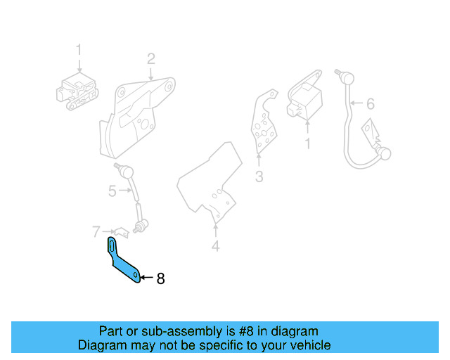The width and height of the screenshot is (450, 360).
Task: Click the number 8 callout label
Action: click(160, 278)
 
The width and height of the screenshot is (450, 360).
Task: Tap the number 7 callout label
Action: click(96, 231)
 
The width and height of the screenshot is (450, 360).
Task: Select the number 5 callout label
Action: click(112, 191)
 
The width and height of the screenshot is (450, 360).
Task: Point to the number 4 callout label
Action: click(216, 246)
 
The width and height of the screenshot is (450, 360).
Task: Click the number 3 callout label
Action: click(259, 176)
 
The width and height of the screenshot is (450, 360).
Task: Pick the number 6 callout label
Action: click(371, 104)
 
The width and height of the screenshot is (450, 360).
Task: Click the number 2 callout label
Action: click(150, 58)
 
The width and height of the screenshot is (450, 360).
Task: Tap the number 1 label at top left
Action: click(79, 50)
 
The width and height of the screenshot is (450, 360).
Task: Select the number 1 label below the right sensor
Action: click(307, 143)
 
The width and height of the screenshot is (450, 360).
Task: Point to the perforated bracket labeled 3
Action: click(264, 123)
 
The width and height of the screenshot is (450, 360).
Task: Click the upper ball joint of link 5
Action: click(124, 169)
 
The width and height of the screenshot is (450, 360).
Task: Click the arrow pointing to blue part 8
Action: click(146, 278)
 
